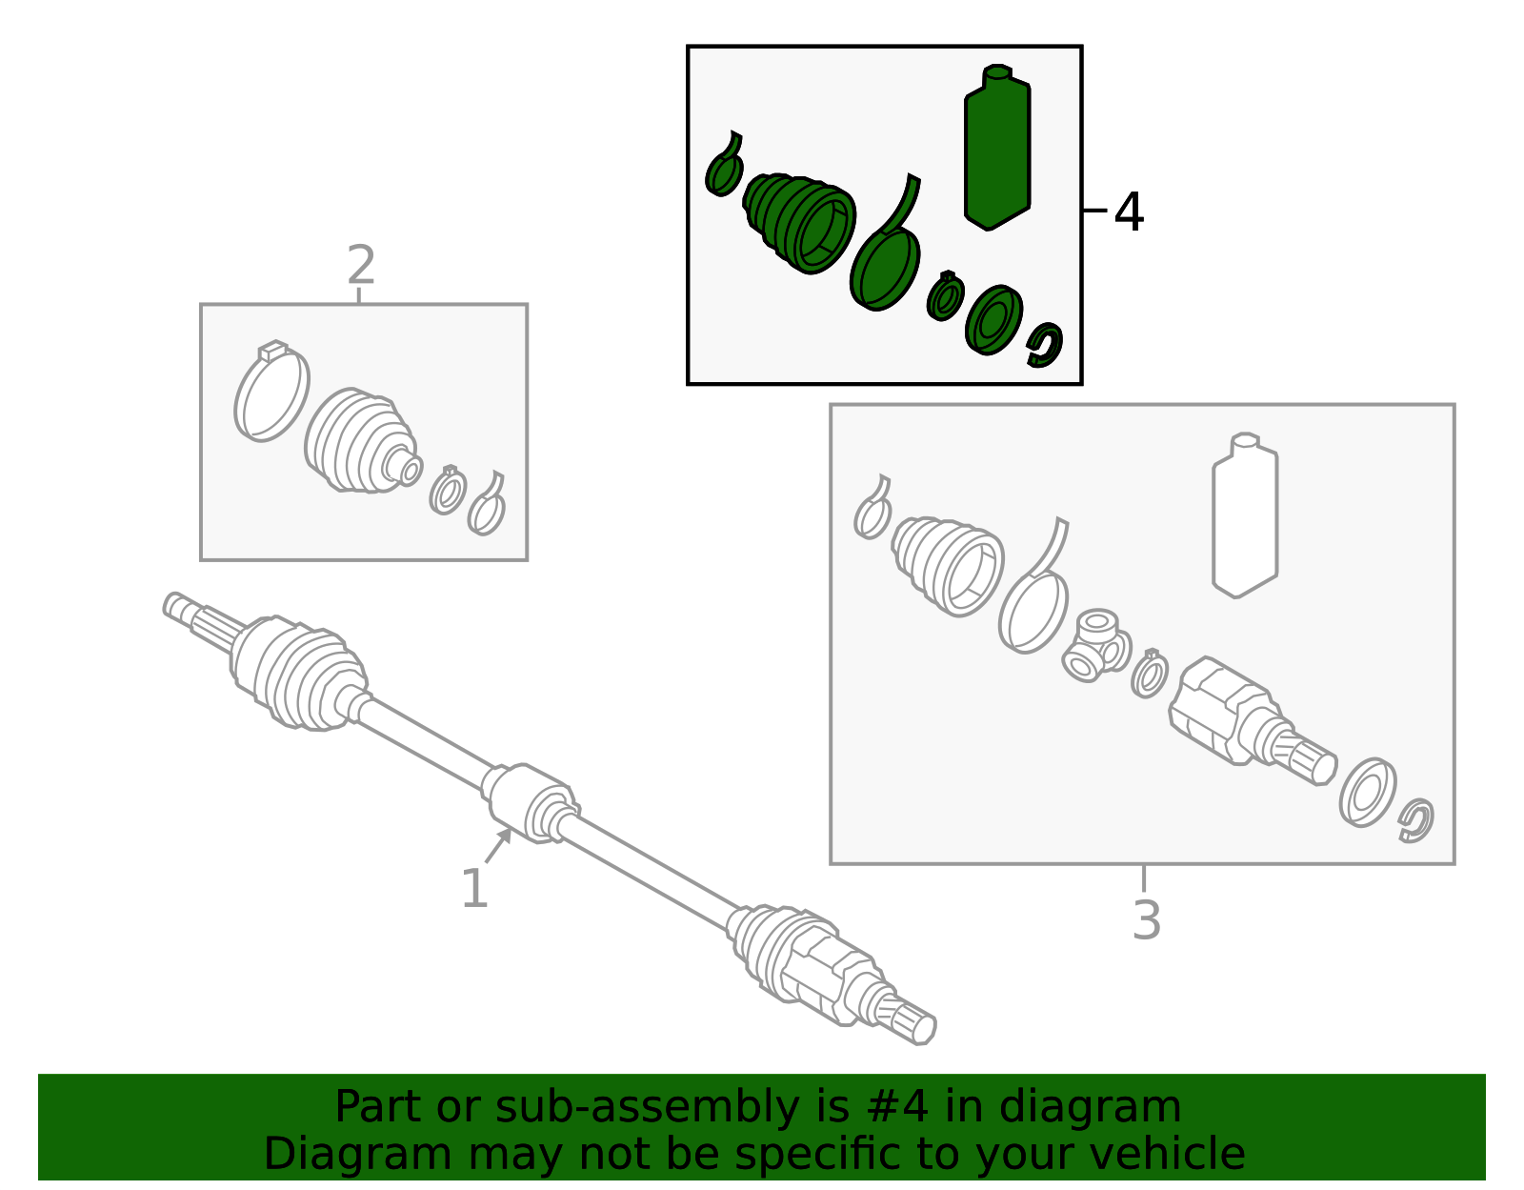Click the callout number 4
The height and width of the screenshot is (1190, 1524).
click(1129, 212)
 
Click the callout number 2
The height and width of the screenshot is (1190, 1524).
click(361, 265)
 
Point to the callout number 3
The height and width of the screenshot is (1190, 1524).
click(1147, 920)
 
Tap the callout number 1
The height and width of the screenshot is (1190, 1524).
click(474, 889)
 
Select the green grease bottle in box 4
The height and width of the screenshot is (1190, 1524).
click(996, 148)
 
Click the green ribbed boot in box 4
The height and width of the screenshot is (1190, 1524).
click(799, 221)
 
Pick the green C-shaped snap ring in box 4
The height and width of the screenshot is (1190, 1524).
click(1045, 344)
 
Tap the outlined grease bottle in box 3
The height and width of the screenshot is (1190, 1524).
click(1245, 514)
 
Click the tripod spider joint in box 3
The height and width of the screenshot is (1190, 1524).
click(1095, 645)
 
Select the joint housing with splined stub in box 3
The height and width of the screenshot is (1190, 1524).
click(1252, 722)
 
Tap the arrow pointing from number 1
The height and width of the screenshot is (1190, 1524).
click(498, 846)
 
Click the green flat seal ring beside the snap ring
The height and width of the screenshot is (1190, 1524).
click(993, 320)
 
